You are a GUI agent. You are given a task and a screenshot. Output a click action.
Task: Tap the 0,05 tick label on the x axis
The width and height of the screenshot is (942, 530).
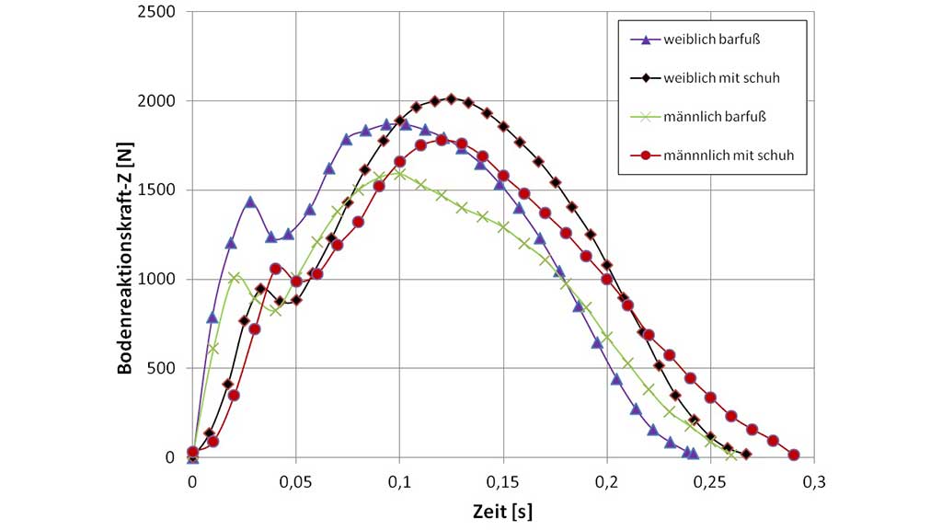[295, 480]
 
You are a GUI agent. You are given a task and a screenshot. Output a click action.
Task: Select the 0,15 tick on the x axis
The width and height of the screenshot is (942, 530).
[502, 480]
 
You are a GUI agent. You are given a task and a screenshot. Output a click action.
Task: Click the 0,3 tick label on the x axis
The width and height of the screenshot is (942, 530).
[813, 480]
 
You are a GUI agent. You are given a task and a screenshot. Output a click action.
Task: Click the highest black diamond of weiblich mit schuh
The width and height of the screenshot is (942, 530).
[451, 98]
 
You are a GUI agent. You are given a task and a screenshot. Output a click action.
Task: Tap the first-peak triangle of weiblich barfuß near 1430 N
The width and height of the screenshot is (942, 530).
[249, 202]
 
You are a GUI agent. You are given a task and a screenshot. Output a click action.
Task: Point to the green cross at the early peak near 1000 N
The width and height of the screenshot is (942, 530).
[235, 277]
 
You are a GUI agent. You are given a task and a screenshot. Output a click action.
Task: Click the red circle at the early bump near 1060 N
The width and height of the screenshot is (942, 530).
[275, 269]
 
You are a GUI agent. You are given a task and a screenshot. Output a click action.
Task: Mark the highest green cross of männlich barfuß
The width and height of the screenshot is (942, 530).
[399, 173]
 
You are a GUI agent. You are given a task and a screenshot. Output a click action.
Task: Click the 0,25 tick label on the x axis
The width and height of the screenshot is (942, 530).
[709, 480]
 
